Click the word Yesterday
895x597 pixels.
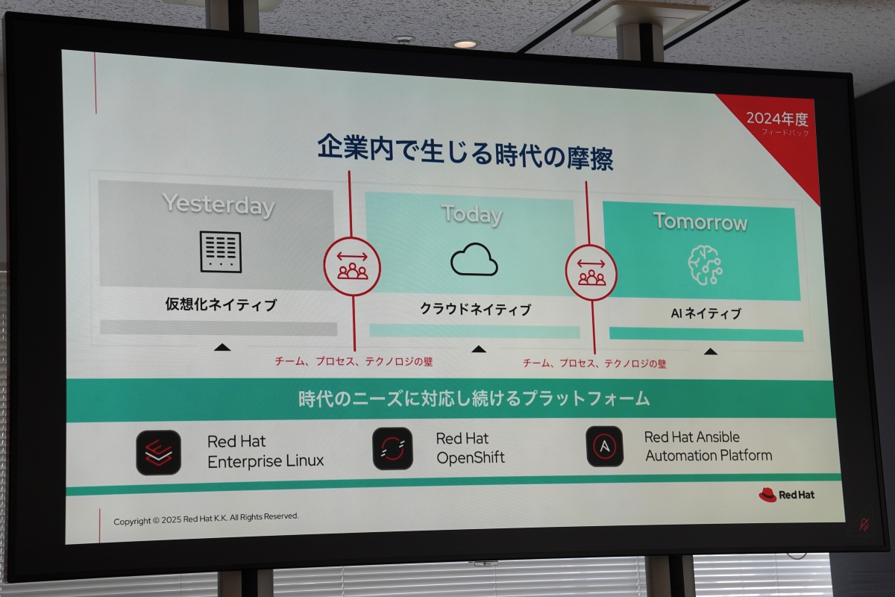(218, 204)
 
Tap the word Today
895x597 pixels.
(472, 214)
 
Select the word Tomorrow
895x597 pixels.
(700, 221)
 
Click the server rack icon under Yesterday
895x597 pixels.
(221, 251)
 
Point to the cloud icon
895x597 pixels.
(474, 260)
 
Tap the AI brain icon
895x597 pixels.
(705, 265)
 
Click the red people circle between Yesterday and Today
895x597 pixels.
(352, 266)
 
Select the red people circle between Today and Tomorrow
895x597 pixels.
(591, 272)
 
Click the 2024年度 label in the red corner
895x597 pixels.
(777, 119)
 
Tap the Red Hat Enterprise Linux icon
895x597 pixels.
(159, 452)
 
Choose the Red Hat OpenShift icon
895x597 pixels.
(392, 448)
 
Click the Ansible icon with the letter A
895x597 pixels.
(605, 446)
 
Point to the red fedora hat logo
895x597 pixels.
(767, 495)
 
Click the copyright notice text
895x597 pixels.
(206, 519)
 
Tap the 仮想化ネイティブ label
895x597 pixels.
(221, 304)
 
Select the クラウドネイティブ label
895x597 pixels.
(476, 309)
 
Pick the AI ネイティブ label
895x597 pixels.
(706, 313)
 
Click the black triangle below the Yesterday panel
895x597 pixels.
(222, 347)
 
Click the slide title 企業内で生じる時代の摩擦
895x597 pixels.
(465, 152)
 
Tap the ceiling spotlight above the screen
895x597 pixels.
(465, 44)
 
